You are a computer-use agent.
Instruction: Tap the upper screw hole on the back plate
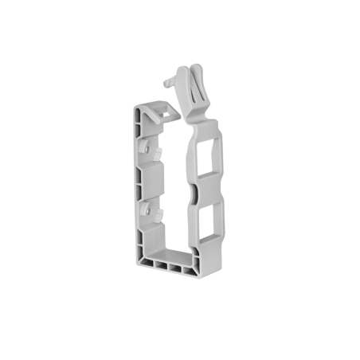149,147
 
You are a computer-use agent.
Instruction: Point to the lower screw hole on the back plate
149,211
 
